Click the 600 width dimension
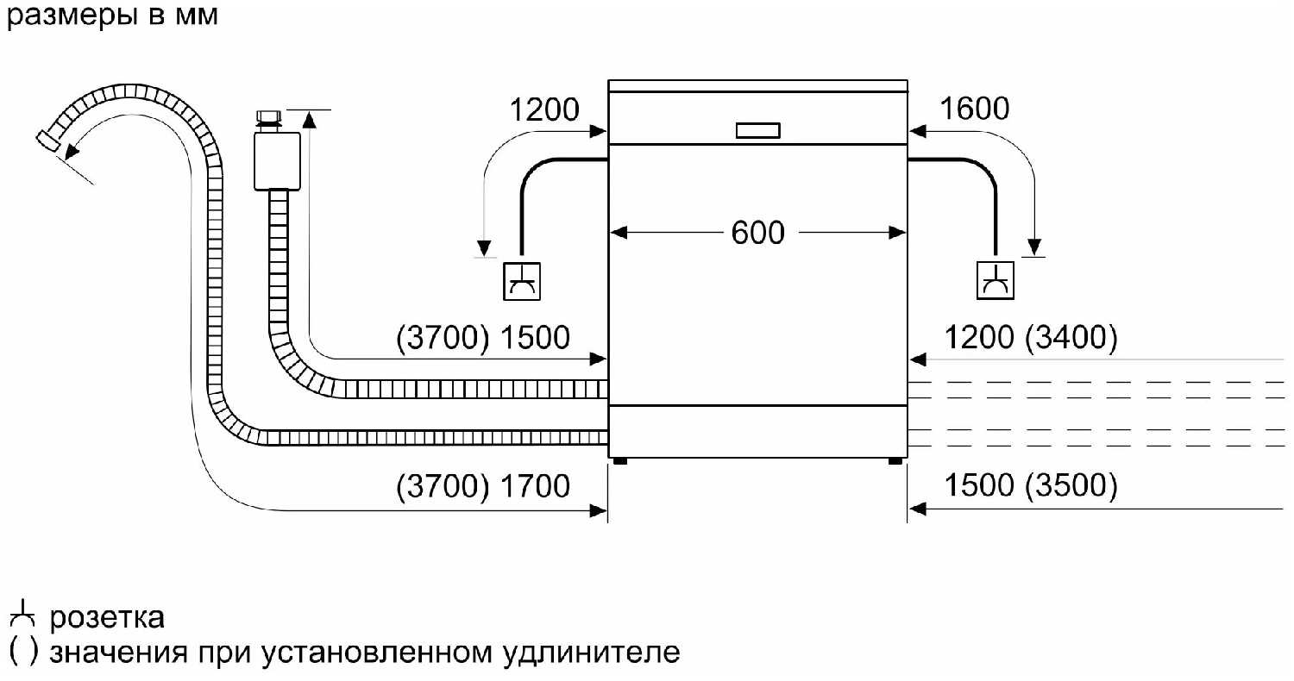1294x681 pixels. click(757, 233)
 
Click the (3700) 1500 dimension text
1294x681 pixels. click(483, 337)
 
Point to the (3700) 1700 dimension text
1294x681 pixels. click(483, 487)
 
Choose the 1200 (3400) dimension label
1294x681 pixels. click(1031, 337)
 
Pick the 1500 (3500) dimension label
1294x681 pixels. click(1031, 487)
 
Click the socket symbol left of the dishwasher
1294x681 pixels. click(522, 280)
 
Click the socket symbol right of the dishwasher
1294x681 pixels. click(996, 280)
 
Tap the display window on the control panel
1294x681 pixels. click(758, 130)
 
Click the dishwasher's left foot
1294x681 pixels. click(621, 461)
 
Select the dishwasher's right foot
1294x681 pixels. click(895, 461)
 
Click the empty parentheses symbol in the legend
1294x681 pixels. click(22, 651)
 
